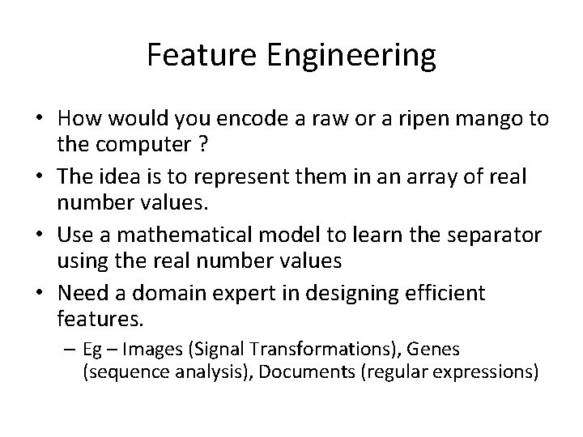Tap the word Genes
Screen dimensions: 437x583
pos(433,350)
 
